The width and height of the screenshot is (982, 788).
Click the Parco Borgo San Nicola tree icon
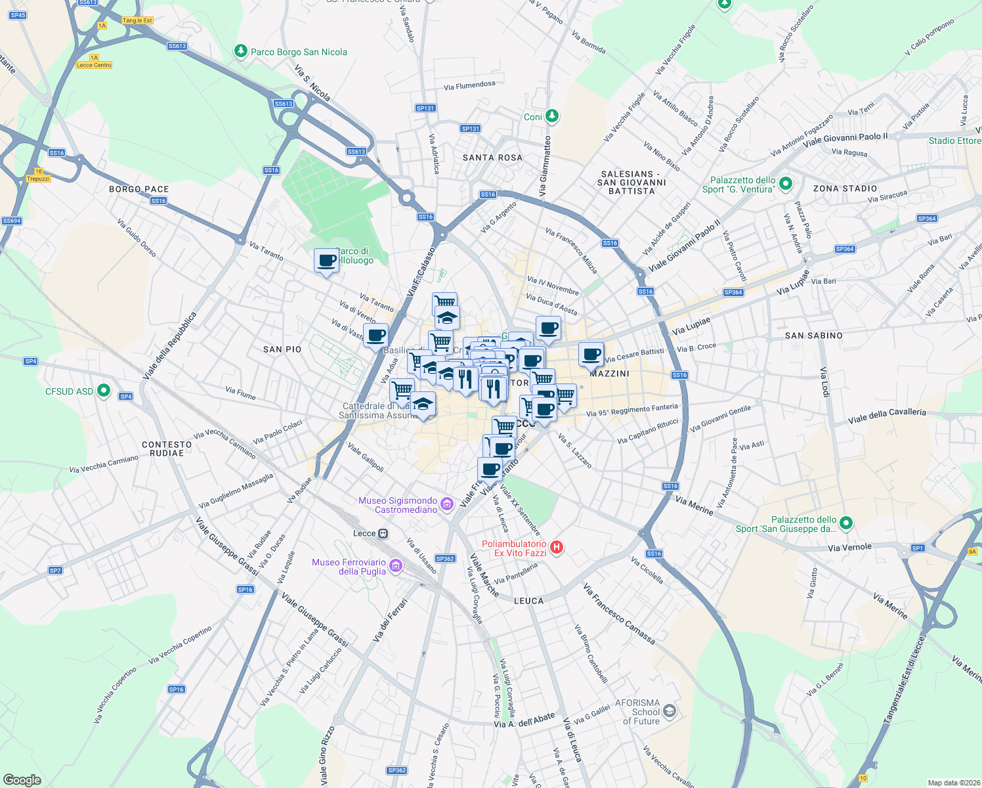(x=241, y=51)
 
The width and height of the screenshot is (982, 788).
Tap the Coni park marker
(x=552, y=116)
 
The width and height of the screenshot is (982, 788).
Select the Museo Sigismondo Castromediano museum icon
(x=447, y=504)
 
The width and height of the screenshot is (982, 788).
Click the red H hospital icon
(x=557, y=547)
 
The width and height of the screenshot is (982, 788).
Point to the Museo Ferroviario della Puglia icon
(x=395, y=566)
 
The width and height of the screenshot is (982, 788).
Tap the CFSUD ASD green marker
(x=103, y=391)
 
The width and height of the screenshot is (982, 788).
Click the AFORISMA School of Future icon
(x=669, y=711)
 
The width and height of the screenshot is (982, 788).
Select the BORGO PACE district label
(x=139, y=189)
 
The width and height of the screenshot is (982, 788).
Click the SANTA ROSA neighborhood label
(x=492, y=158)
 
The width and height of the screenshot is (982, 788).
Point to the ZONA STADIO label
(x=845, y=188)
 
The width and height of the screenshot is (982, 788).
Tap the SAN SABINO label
(x=813, y=336)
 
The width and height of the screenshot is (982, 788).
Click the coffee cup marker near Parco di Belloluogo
(x=326, y=261)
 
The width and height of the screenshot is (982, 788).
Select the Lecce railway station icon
(x=383, y=533)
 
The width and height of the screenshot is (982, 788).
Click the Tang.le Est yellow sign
(x=137, y=20)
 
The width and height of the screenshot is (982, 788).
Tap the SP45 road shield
(x=18, y=15)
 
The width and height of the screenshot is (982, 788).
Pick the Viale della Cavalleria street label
(x=887, y=416)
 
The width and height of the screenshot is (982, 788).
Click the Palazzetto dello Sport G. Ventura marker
(x=786, y=185)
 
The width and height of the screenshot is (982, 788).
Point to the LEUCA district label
(x=528, y=601)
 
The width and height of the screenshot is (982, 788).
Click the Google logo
(x=22, y=779)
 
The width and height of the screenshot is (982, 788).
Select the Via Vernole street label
(x=849, y=547)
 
